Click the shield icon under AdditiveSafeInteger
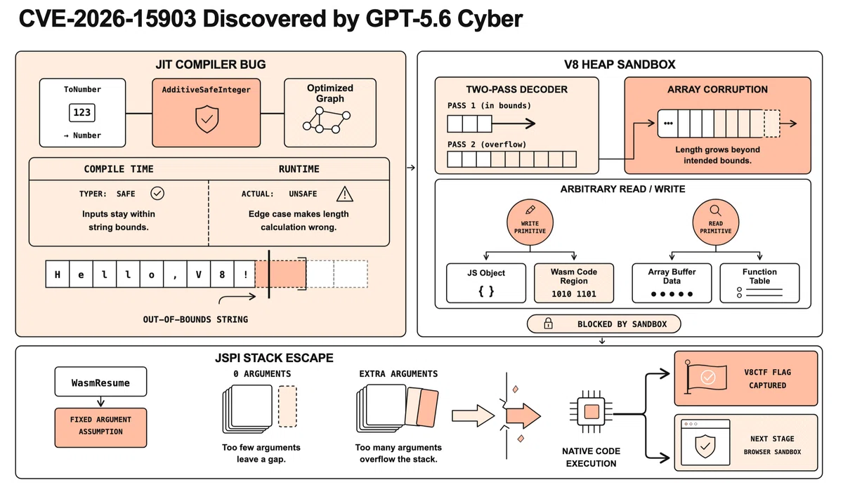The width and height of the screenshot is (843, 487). [207, 119]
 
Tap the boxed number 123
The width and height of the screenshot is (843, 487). [82, 112]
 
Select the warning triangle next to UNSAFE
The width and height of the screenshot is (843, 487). [344, 194]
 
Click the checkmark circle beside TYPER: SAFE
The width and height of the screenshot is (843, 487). [157, 193]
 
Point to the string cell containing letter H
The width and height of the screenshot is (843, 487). [58, 274]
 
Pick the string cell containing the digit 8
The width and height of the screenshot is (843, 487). [222, 274]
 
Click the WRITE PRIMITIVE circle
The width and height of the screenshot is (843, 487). [530, 222]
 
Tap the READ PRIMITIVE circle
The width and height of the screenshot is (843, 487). [715, 222]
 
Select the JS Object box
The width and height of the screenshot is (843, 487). [486, 283]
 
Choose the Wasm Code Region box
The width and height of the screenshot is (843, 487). [574, 283]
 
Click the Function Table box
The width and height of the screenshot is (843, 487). [759, 283]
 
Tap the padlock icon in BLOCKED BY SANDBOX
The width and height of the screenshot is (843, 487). [549, 323]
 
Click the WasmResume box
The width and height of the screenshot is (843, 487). [101, 382]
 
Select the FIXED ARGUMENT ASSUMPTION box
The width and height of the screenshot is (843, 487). [101, 427]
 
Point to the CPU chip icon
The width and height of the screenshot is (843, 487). [592, 412]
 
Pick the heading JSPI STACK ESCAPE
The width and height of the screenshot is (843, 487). [274, 358]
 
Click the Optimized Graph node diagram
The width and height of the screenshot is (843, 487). [326, 120]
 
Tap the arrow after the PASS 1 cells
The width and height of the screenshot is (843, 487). [514, 124]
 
